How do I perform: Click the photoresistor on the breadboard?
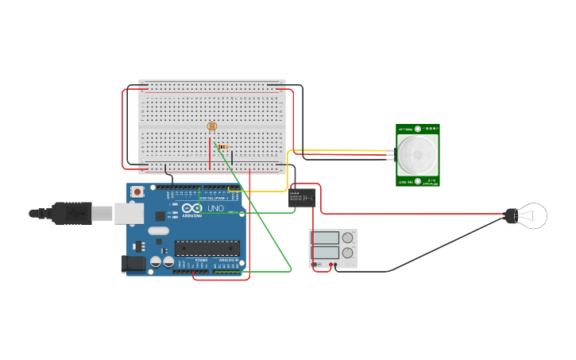(x=211, y=126)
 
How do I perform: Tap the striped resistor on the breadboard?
(x=222, y=147)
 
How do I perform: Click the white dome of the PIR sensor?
(x=417, y=155)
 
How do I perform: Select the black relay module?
(x=302, y=198)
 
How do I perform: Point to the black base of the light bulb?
(x=512, y=215)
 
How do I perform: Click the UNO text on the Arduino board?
(x=215, y=209)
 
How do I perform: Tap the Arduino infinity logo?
(x=191, y=209)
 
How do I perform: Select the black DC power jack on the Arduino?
(x=134, y=265)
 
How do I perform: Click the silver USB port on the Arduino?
(x=129, y=213)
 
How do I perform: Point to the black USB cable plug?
(x=72, y=213)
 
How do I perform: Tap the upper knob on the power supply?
(x=347, y=237)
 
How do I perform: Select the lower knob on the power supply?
(x=347, y=253)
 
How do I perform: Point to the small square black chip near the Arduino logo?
(x=160, y=215)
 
